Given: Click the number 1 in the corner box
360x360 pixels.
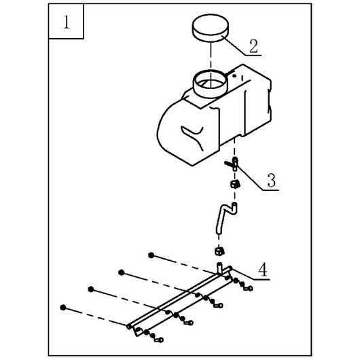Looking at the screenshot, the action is pyautogui.click(x=67, y=22).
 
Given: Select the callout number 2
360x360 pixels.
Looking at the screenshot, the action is pyautogui.click(x=254, y=46).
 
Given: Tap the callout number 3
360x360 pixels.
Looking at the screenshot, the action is pyautogui.click(x=272, y=180).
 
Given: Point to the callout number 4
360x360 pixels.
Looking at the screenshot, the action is pyautogui.click(x=263, y=270).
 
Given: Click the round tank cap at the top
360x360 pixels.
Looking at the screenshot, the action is pyautogui.click(x=211, y=28).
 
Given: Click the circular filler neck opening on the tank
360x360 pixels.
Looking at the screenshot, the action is pyautogui.click(x=211, y=84).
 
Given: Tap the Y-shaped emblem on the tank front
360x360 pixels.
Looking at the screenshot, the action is pyautogui.click(x=193, y=137).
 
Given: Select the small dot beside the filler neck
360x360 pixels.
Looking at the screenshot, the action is pyautogui.click(x=234, y=75).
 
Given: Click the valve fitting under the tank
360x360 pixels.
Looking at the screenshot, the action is pyautogui.click(x=232, y=164).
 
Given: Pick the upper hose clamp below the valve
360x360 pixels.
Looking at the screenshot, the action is pyautogui.click(x=235, y=184).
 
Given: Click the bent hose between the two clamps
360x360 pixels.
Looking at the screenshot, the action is pyautogui.click(x=226, y=217).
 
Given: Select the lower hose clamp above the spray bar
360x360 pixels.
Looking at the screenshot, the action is pyautogui.click(x=219, y=251).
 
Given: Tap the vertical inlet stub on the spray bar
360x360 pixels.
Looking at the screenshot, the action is pyautogui.click(x=219, y=268).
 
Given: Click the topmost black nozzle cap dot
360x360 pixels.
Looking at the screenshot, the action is pyautogui.click(x=151, y=255).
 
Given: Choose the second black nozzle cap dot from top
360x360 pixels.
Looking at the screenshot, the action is pyautogui.click(x=121, y=272).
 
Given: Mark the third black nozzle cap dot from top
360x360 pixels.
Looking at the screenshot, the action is pyautogui.click(x=91, y=289).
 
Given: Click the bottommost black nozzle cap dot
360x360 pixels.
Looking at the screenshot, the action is pyautogui.click(x=63, y=308).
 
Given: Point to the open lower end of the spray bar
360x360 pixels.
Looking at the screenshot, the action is pyautogui.click(x=129, y=326).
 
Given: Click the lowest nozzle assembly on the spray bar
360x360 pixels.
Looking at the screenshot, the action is pyautogui.click(x=149, y=334).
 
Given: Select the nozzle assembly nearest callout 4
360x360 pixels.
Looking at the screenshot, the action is pyautogui.click(x=239, y=283).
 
